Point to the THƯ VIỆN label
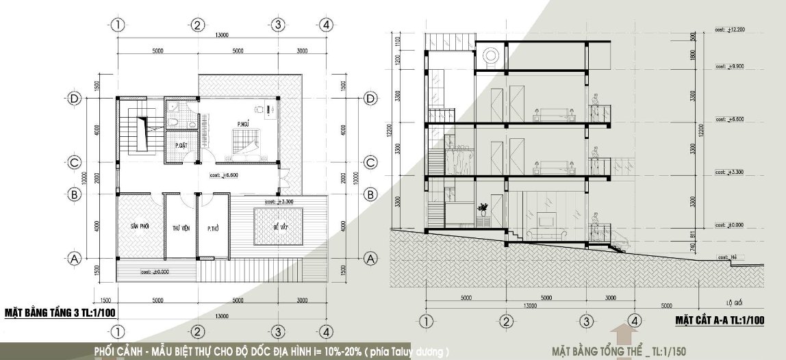[181, 228]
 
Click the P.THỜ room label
[213, 228]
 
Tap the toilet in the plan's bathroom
[175, 121]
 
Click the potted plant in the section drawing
[483, 208]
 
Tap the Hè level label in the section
[728, 256]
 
